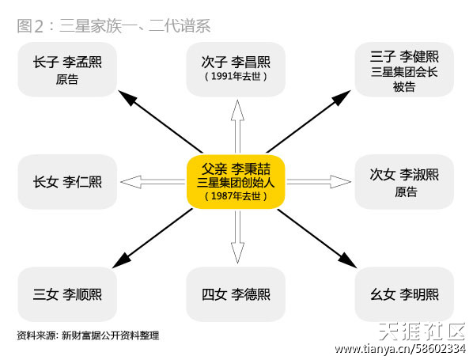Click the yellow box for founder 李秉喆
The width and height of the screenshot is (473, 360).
236,182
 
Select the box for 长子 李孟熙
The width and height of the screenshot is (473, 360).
67,70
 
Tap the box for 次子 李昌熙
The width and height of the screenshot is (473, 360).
236,70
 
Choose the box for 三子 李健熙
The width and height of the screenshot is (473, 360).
404,70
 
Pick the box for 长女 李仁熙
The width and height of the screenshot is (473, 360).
67,182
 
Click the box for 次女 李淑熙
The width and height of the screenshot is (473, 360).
404,182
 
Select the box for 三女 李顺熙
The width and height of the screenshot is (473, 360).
67,294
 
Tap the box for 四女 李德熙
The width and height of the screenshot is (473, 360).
236,294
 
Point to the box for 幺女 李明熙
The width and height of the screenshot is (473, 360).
404,294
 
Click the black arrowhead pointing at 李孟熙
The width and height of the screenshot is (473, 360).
127,97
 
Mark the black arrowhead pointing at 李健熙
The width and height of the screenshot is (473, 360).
342,97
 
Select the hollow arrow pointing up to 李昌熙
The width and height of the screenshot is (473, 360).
237,127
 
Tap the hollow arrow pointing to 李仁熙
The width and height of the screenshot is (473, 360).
153,182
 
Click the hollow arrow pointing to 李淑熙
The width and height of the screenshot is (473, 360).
319,182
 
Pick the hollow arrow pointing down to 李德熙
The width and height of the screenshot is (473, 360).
237,237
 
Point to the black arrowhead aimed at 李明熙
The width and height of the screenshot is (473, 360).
347,261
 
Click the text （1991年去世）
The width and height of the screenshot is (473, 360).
236,76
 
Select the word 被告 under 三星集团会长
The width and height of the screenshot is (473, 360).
404,87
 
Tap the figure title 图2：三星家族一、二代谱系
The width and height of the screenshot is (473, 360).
113,26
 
